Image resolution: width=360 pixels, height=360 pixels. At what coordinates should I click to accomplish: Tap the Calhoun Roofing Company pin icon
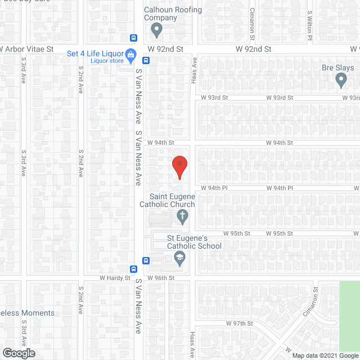point(157,29)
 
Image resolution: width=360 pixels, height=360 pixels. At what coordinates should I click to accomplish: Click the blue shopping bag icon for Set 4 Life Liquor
point(130,55)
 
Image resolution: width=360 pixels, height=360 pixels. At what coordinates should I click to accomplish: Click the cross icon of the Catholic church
point(182,215)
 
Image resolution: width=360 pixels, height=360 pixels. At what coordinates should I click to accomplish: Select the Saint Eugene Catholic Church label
point(167,200)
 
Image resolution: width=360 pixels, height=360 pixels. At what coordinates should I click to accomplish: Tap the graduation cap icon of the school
point(180,259)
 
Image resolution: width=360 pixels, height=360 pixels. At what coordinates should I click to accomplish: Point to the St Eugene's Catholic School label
point(195,242)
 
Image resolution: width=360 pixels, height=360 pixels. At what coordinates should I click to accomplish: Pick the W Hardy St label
point(115,278)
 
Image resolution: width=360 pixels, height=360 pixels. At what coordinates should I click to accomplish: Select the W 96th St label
point(161,278)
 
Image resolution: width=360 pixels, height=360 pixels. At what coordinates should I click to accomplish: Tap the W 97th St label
point(240,324)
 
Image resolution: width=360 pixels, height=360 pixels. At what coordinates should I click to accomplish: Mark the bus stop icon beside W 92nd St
point(134,38)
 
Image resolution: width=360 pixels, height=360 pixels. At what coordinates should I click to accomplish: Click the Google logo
point(18,353)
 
